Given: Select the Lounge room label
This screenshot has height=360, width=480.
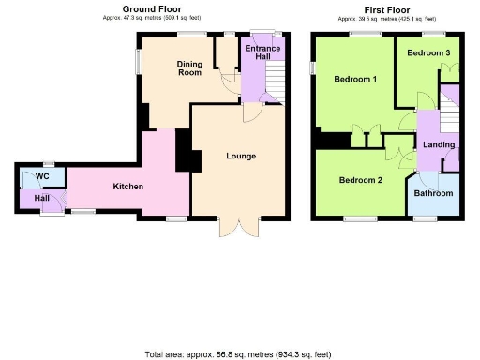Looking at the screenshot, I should coord(241,155).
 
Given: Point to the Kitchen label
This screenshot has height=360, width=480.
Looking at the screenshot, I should coord(127,187).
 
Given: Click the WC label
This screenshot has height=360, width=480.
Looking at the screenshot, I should coord(42,175).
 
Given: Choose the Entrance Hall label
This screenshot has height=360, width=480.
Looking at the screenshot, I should coord(257,52).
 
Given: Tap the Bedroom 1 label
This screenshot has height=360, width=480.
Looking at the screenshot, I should coord(355,79).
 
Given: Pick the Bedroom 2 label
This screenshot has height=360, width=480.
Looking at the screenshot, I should coord(360,179).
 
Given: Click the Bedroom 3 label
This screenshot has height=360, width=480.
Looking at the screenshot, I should coord(427,52).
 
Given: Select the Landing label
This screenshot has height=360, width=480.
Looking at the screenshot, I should coord(439,145).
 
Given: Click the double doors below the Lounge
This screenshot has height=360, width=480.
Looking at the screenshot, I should coord(238,227).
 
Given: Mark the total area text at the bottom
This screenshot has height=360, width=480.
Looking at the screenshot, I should coord(238,354).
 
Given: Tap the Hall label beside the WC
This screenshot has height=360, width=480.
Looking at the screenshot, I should coord(42,198).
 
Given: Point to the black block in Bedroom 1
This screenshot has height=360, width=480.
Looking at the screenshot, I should coord(331,141).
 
